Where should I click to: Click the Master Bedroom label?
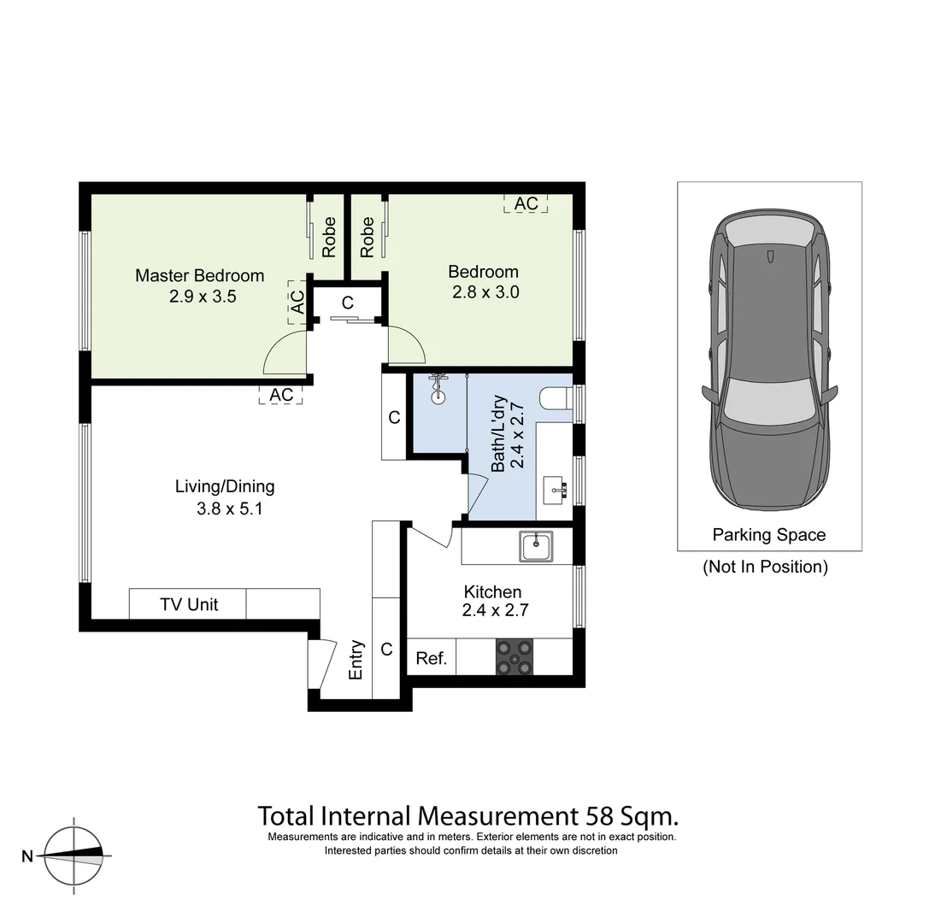199,276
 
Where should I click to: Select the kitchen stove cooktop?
515,657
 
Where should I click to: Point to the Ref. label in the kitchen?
431,658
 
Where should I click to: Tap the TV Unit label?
189,604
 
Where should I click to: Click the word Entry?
356,660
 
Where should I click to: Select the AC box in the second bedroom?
526,203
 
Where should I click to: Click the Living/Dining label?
225,486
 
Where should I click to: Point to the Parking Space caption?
768,535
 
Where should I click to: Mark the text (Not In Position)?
765,566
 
